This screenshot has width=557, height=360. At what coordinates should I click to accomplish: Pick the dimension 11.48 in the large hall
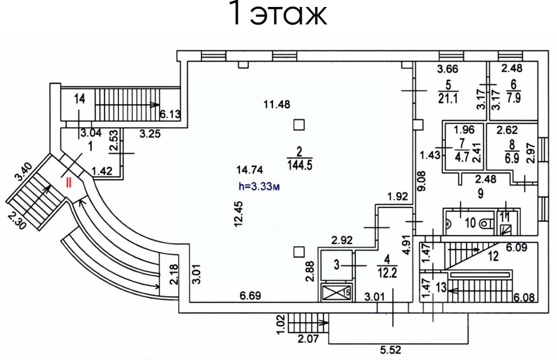point(277,104)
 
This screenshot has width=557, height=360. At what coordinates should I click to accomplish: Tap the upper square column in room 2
point(299,125)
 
